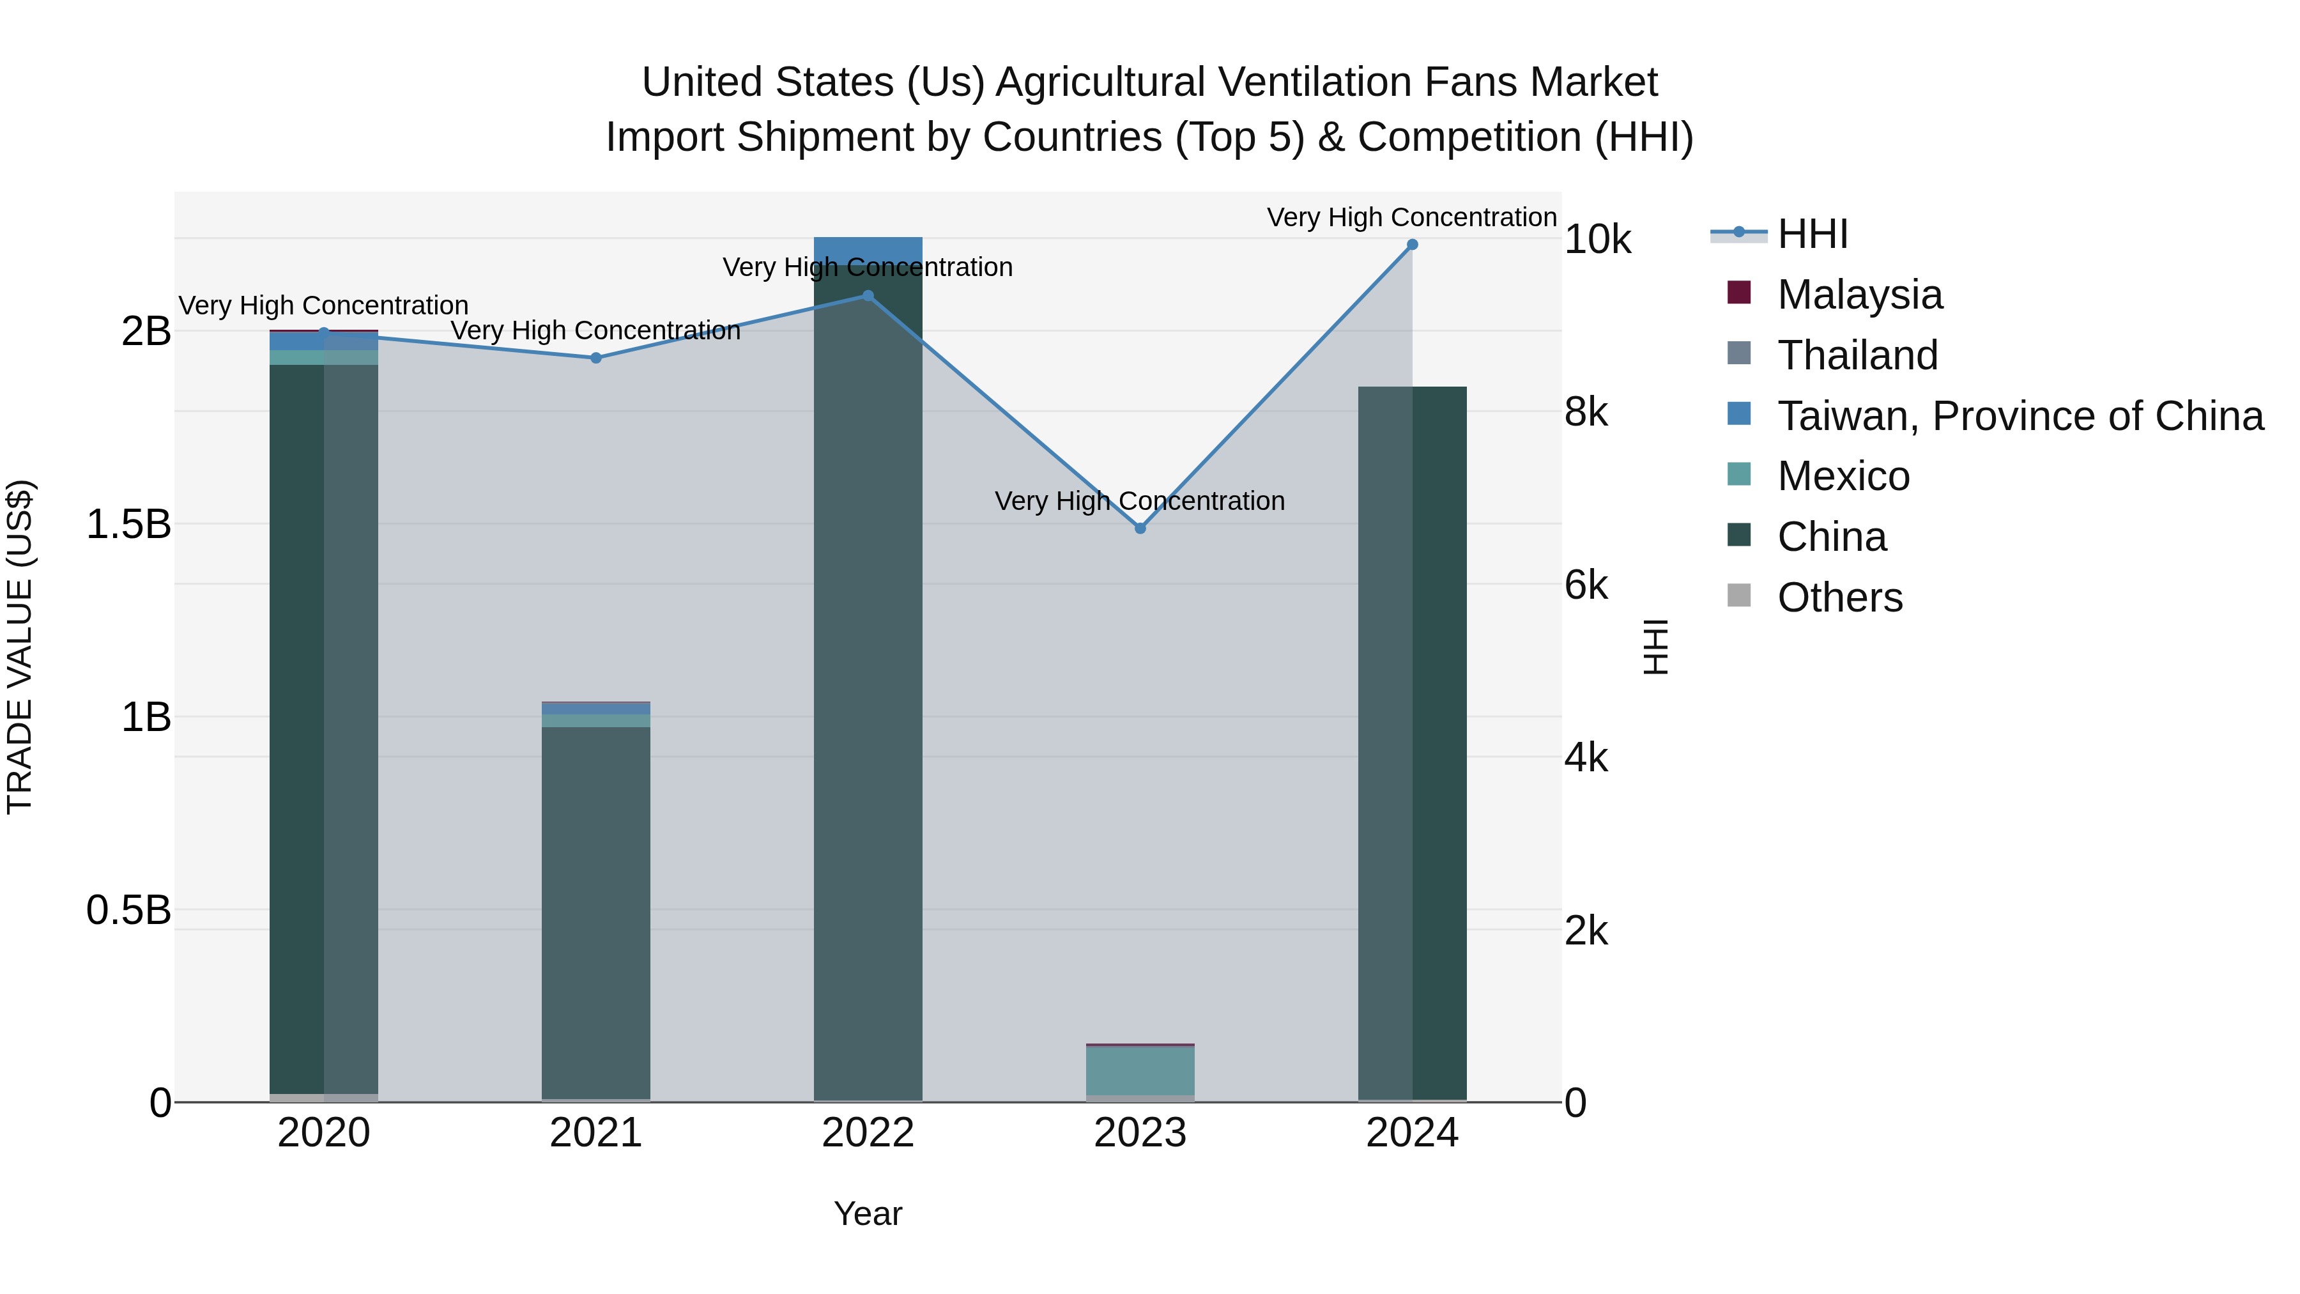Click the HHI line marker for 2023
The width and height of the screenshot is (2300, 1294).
[1140, 528]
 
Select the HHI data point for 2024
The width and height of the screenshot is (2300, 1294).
[1413, 245]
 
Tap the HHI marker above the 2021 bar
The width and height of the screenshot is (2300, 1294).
[597, 358]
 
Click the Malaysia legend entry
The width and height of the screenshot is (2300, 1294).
[1859, 295]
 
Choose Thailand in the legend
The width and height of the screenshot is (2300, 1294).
[1857, 355]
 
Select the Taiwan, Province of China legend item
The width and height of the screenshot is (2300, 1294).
[2020, 416]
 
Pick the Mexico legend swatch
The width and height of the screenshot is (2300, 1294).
[1739, 475]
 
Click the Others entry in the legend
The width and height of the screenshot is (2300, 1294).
[1839, 597]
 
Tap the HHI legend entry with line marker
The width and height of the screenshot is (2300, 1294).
[1812, 234]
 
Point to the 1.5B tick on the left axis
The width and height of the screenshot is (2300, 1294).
[128, 524]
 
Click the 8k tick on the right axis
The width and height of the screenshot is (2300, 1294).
[1586, 413]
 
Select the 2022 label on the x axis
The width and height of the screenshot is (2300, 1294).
[868, 1133]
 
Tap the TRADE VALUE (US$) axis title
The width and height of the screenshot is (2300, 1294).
[20, 647]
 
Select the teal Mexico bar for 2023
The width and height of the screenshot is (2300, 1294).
[1140, 1070]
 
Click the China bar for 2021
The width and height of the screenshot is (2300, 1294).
[597, 911]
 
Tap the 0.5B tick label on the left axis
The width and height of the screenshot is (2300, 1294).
[128, 911]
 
